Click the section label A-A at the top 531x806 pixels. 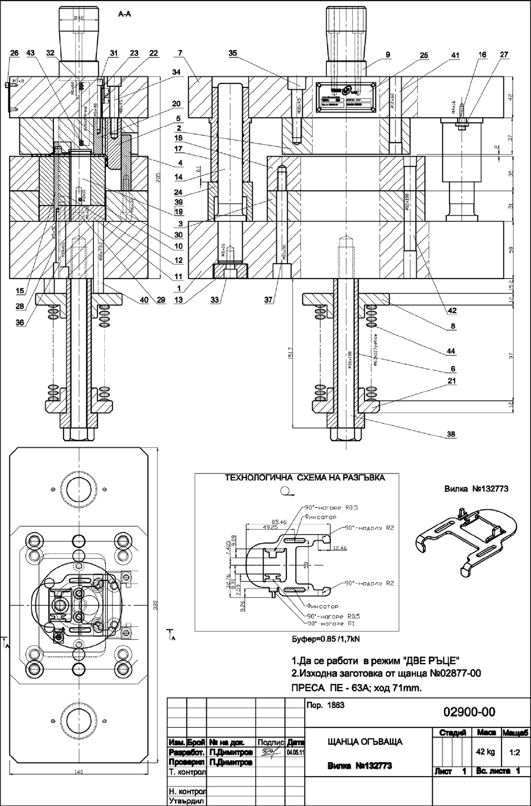tap(124, 14)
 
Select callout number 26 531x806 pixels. tap(15, 53)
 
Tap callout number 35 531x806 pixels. tap(233, 53)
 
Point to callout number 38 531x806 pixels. tap(451, 434)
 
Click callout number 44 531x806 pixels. tap(451, 351)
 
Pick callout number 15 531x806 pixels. tap(20, 290)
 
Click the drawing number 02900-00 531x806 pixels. tap(469, 712)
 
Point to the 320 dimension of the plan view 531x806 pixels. tap(155, 604)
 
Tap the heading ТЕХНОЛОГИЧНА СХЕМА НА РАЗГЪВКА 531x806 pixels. tap(305, 478)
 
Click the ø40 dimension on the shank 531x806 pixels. tap(78, 18)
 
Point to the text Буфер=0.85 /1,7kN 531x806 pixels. tap(326, 639)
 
